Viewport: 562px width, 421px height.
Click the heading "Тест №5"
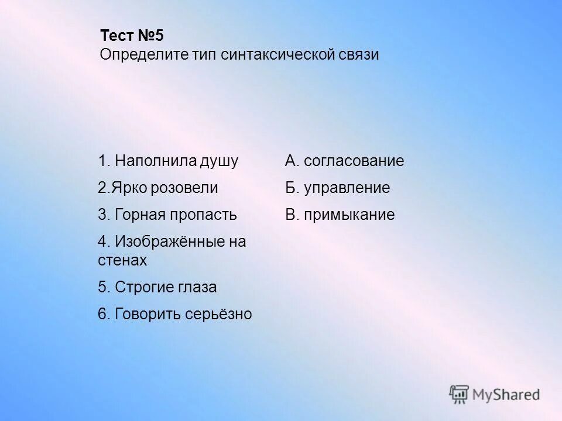pos(132,35)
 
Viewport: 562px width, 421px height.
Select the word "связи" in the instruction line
pos(359,55)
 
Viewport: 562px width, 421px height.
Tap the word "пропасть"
pos(203,215)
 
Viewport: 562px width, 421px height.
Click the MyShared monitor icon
pos(460,395)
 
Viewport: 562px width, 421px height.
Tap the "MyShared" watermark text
pos(507,395)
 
